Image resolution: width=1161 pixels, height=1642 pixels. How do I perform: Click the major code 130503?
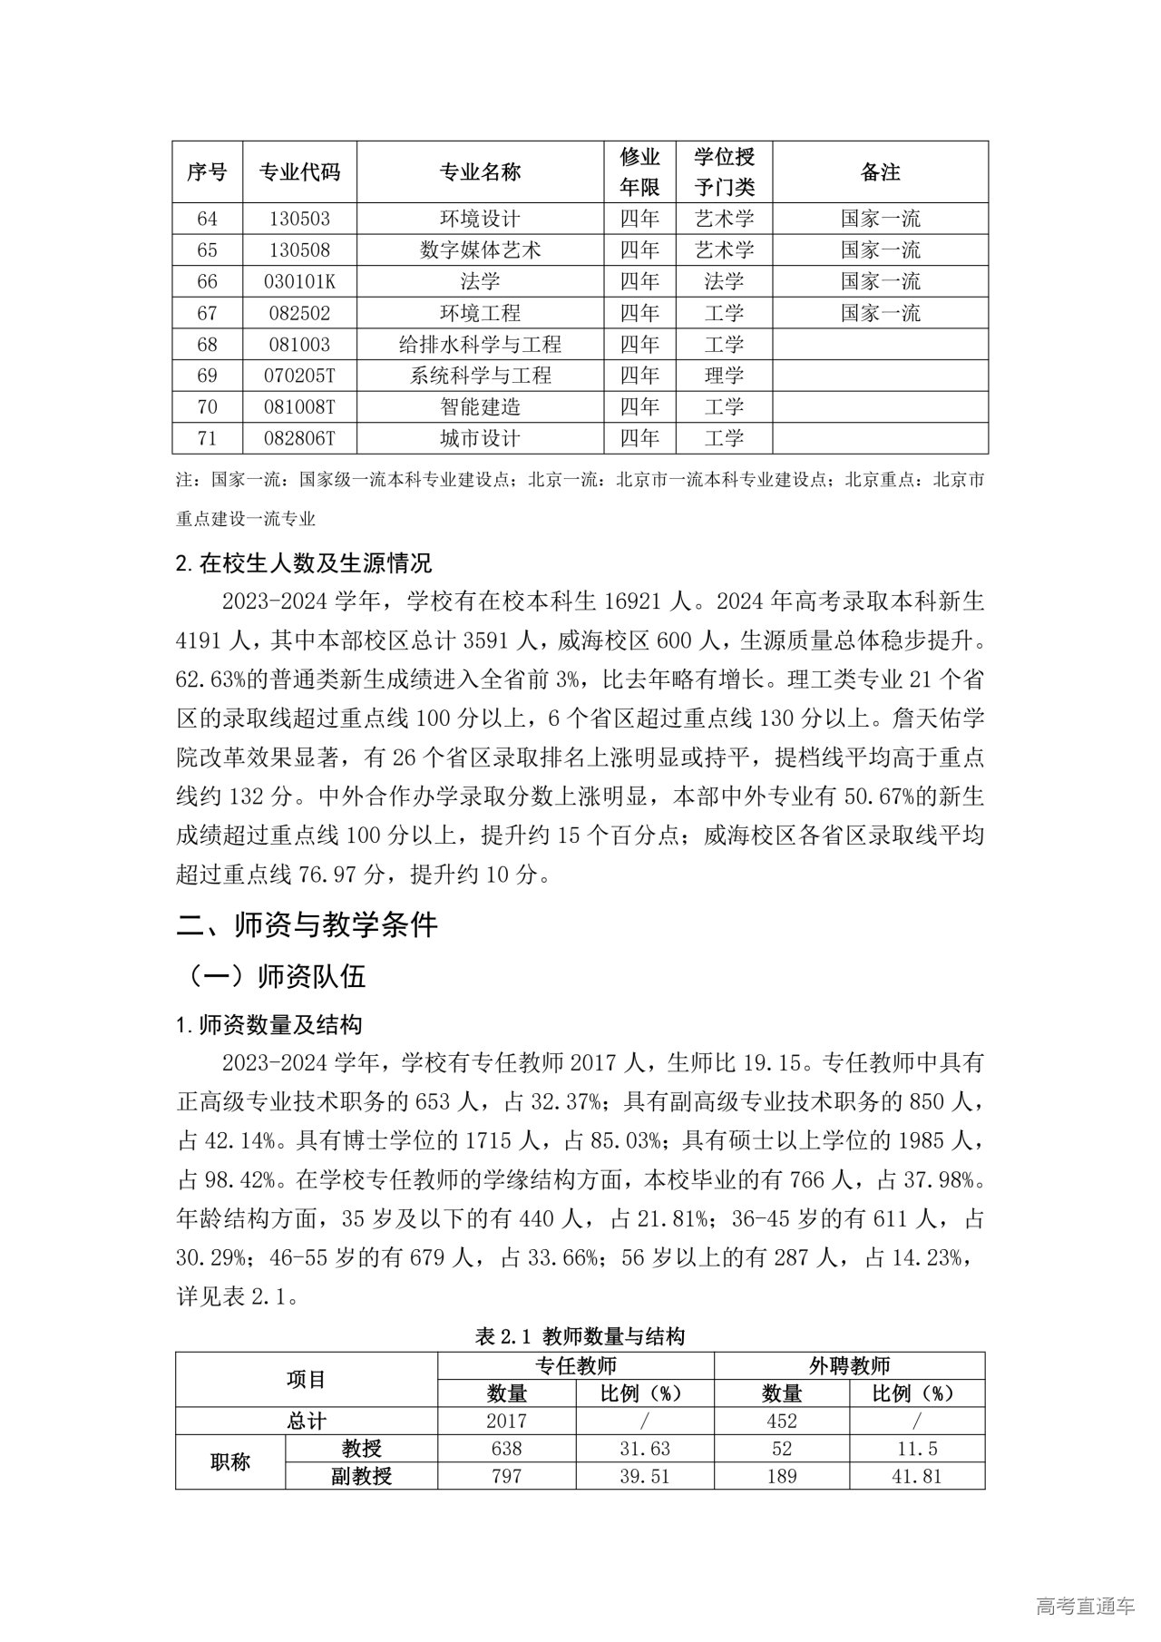[x=299, y=219]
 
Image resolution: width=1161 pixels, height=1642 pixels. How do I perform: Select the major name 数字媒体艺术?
[x=480, y=250]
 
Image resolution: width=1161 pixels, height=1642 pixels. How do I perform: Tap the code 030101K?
[x=299, y=281]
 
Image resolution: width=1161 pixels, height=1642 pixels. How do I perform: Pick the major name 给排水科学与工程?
[x=480, y=345]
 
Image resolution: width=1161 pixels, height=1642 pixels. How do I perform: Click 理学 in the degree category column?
[x=724, y=376]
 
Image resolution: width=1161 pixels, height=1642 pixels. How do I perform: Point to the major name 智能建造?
[x=480, y=407]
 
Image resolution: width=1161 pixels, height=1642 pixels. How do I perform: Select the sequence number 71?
[x=207, y=439]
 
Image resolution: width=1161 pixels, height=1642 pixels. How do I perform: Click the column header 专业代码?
[x=299, y=171]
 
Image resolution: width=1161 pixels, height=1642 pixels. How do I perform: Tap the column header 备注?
[x=880, y=171]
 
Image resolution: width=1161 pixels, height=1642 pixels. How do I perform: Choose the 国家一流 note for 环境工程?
[x=880, y=313]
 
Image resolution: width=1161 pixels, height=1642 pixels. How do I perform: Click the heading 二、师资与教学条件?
[x=307, y=924]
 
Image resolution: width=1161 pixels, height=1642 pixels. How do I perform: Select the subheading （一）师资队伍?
[x=276, y=976]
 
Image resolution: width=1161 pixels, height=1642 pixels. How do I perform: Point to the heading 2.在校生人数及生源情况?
[x=304, y=563]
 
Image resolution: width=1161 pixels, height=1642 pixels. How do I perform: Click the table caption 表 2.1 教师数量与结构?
[x=580, y=1335]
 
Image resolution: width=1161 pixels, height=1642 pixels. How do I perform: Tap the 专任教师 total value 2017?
[x=506, y=1421]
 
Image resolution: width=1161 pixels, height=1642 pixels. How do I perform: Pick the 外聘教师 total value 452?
[x=781, y=1421]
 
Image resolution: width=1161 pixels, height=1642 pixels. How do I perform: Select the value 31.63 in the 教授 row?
[x=644, y=1449]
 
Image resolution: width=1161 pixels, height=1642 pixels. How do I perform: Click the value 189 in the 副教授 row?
[x=781, y=1476]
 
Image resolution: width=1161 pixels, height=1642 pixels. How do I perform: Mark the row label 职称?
[x=229, y=1462]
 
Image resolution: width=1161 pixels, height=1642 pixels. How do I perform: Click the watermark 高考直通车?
[x=1084, y=1606]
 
